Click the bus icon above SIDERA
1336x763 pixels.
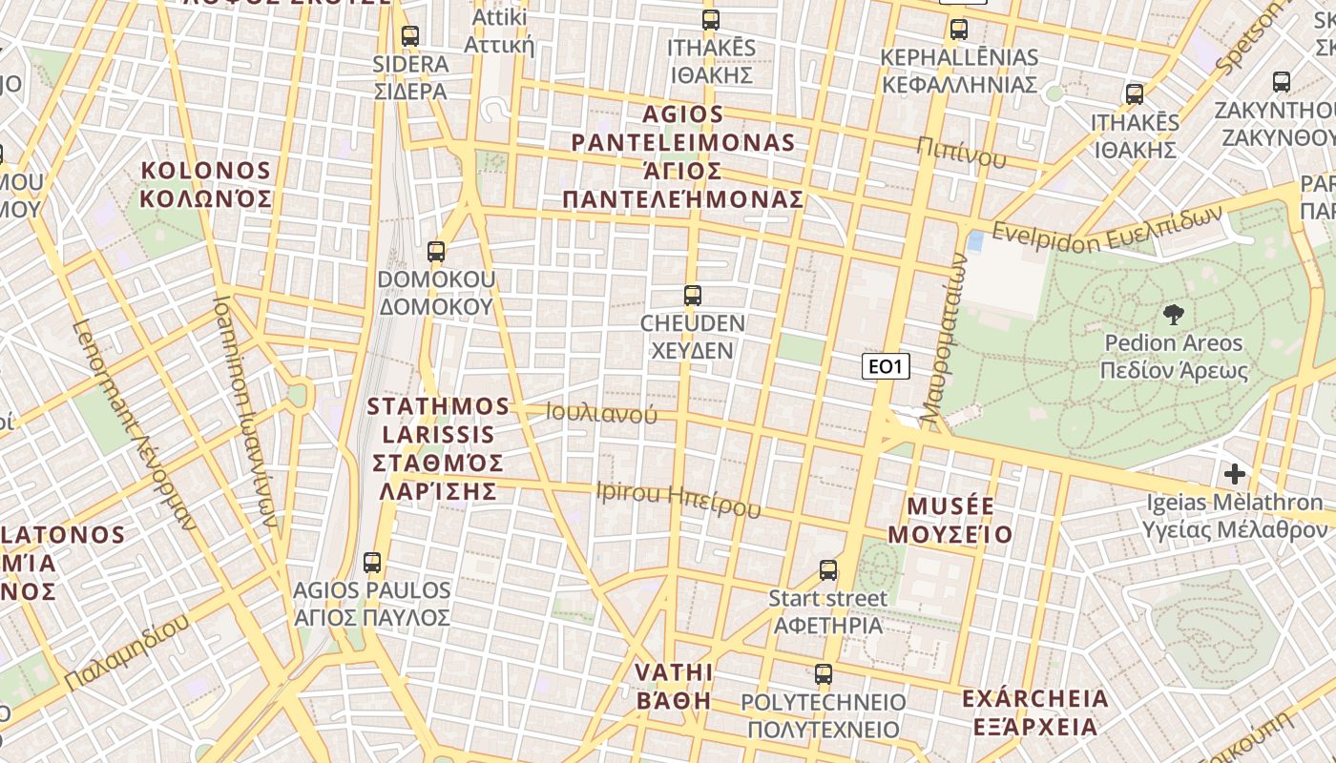pyautogui.click(x=410, y=36)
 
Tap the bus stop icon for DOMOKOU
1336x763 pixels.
pyautogui.click(x=436, y=252)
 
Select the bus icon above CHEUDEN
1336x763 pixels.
pyautogui.click(x=693, y=296)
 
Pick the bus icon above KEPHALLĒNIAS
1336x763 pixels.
pyautogui.click(x=959, y=30)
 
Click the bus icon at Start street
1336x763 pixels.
pyautogui.click(x=828, y=570)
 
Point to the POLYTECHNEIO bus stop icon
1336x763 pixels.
pyautogui.click(x=824, y=674)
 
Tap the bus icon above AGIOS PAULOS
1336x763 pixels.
pyautogui.click(x=372, y=563)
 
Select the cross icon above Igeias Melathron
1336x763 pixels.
pyautogui.click(x=1235, y=473)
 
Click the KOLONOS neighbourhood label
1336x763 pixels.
pyautogui.click(x=206, y=185)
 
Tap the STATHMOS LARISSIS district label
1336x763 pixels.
pyautogui.click(x=439, y=448)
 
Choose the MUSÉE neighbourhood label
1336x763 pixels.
pyautogui.click(x=950, y=520)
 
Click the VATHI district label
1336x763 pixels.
pyautogui.click(x=674, y=686)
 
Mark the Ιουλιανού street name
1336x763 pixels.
pyautogui.click(x=602, y=413)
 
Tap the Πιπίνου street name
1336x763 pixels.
pyautogui.click(x=962, y=152)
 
